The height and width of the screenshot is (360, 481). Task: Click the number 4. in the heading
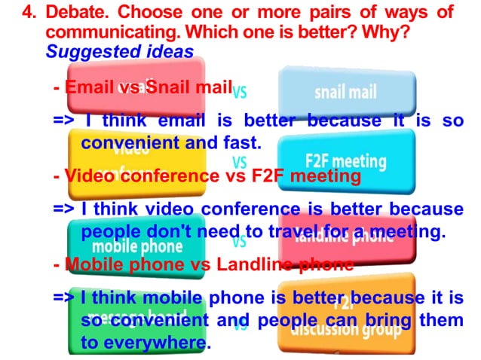(x=30, y=14)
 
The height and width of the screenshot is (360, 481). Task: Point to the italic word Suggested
(x=81, y=52)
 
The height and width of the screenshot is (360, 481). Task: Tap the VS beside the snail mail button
(x=240, y=93)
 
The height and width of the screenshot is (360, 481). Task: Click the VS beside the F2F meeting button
(x=240, y=161)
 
